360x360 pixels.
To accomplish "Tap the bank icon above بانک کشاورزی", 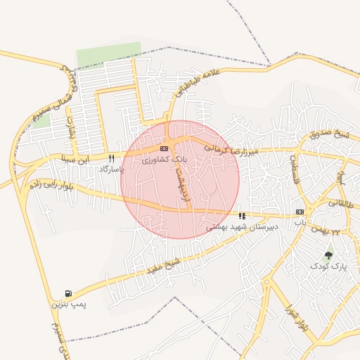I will point(164,148).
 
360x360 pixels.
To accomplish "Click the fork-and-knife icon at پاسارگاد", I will point(111,159).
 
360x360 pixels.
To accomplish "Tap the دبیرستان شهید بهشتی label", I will point(243,227).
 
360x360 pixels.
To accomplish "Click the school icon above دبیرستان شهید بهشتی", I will point(243,216).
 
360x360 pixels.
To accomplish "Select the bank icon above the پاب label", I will point(300,212).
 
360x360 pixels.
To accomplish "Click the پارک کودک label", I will point(328,266).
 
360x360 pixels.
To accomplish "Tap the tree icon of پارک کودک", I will point(328,255).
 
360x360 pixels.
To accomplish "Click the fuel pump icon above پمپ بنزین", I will point(68,293).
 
